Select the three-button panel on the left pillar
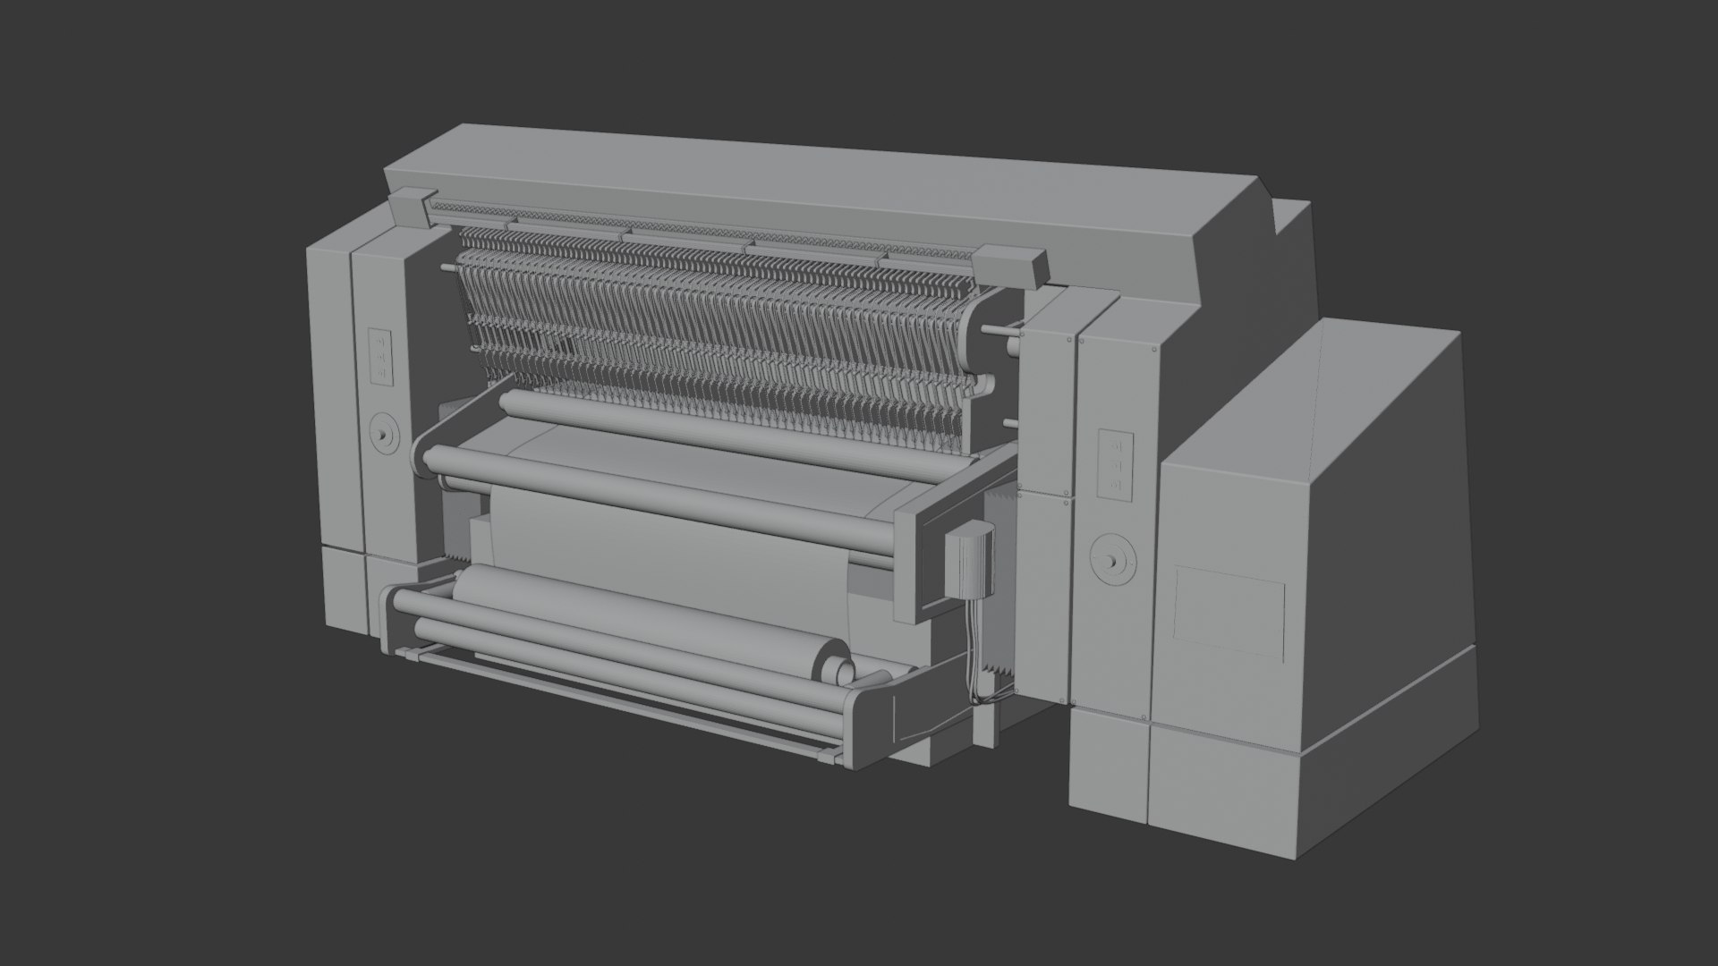pos(381,355)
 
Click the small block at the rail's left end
pos(408,207)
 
